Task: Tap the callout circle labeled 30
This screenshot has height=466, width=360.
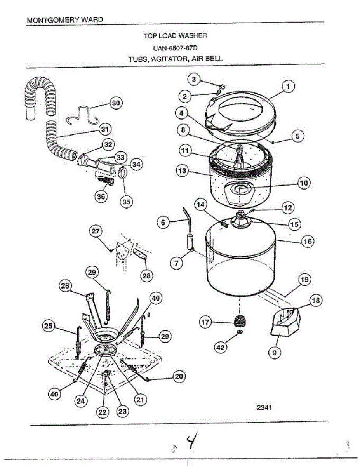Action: (116, 103)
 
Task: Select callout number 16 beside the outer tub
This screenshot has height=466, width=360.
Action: (307, 241)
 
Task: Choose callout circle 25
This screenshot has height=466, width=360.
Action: (49, 327)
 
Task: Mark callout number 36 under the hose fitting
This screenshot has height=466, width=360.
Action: (101, 196)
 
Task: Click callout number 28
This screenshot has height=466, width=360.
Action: (147, 276)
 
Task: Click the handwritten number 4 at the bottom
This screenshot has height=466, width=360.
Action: (191, 443)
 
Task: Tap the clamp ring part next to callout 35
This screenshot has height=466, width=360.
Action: (123, 172)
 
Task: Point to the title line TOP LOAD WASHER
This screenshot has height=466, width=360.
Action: (175, 36)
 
